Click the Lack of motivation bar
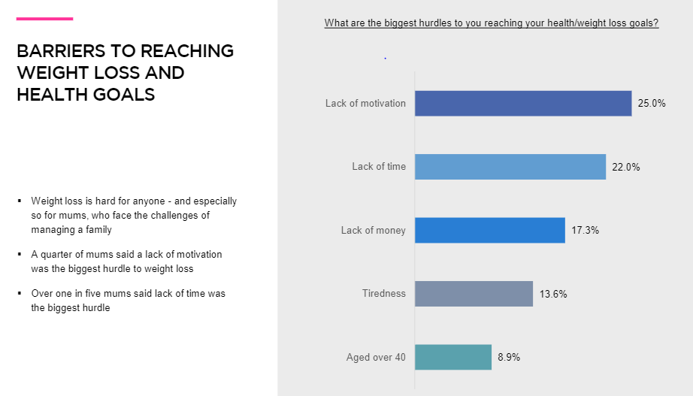pos(523,104)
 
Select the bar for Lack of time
pos(510,167)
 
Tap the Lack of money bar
pos(489,230)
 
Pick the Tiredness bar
pos(474,294)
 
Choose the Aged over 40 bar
pos(453,357)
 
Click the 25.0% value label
pos(652,104)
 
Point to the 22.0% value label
pos(625,168)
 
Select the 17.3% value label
pos(585,231)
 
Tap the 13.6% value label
pos(552,294)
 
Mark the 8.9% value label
pos(508,357)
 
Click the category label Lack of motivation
pos(365,104)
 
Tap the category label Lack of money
pos(373,230)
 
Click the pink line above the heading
pos(44,19)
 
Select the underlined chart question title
pos(491,23)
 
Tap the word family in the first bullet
pos(96,230)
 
